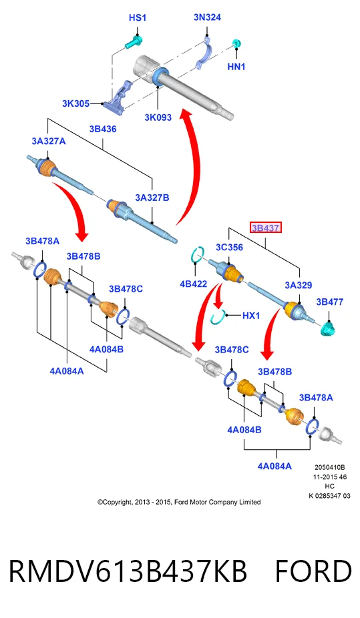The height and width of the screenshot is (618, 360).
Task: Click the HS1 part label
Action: [x=137, y=18]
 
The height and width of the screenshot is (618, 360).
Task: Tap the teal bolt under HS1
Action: [x=134, y=42]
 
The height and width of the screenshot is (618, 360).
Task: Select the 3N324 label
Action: [x=207, y=17]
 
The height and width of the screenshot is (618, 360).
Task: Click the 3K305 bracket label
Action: [x=75, y=103]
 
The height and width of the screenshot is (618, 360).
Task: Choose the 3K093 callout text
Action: [x=158, y=117]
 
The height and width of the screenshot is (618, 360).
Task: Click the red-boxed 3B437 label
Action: [x=266, y=228]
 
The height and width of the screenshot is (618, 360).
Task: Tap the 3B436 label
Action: [x=102, y=129]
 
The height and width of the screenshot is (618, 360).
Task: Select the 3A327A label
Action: [x=49, y=141]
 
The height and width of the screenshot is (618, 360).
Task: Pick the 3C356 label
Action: [x=229, y=248]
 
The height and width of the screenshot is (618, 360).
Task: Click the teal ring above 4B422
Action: [x=198, y=254]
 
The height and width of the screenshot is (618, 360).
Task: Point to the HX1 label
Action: [x=250, y=315]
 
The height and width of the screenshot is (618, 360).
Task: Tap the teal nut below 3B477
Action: [x=328, y=328]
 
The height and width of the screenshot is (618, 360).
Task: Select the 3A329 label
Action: [x=299, y=285]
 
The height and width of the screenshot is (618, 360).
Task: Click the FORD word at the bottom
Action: [x=313, y=571]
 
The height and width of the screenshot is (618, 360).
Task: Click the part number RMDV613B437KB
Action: [x=128, y=571]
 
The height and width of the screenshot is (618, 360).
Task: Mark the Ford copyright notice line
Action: [x=179, y=502]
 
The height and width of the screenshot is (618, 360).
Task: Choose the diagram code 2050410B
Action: [x=330, y=467]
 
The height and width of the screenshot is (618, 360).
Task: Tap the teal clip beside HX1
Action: [x=218, y=316]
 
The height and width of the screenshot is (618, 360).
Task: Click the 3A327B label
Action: [x=152, y=198]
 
